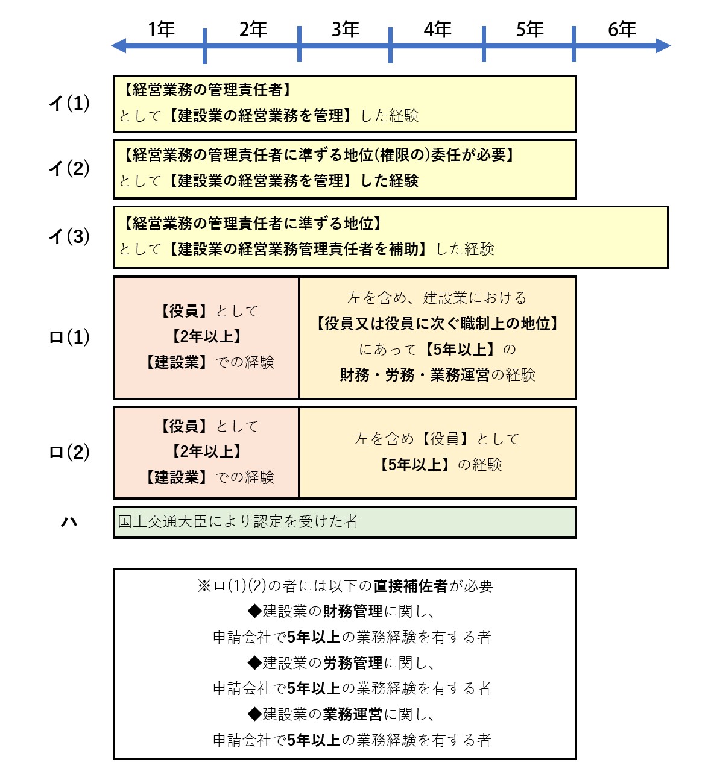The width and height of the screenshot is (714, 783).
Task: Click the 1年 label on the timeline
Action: (161, 30)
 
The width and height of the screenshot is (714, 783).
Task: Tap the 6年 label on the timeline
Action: (622, 30)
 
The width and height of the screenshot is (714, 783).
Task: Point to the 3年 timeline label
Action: (346, 30)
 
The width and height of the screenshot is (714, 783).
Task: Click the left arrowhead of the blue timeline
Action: (119, 46)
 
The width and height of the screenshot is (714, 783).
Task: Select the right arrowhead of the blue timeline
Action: (663, 46)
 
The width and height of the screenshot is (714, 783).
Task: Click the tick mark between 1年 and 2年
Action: (204, 46)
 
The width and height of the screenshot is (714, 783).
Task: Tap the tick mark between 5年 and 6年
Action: (573, 44)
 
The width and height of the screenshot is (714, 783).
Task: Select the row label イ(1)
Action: (69, 104)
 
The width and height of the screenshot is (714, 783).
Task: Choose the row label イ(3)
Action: (69, 236)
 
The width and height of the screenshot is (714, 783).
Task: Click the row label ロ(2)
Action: (69, 453)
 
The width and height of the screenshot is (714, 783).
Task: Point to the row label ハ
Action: (69, 522)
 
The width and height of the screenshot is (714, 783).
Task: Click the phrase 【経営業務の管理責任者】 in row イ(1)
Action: (207, 90)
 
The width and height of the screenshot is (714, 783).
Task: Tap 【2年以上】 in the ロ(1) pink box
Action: (207, 336)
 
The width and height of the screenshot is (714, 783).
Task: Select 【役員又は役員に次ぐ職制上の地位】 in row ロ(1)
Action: (437, 323)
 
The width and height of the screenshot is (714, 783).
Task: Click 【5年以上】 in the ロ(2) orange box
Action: (414, 465)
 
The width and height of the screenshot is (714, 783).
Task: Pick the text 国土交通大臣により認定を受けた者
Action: (238, 521)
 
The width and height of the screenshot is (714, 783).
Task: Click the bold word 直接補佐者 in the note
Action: (411, 585)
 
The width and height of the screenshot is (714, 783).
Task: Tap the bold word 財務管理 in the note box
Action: (353, 611)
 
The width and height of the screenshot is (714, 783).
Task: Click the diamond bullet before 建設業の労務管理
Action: (254, 663)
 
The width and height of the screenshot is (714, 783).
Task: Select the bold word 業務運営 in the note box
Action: (353, 714)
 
